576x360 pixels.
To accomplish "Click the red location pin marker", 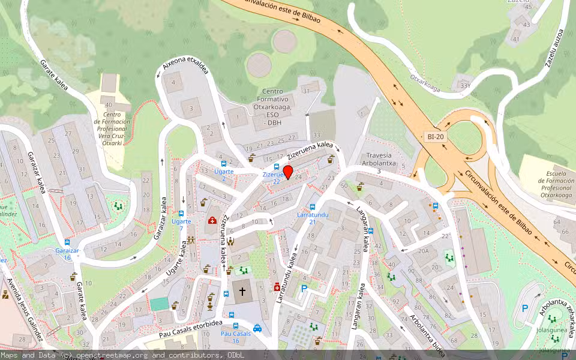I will point(288,172).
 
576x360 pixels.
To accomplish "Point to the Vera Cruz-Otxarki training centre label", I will point(109,127).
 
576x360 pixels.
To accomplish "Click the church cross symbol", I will point(242,291).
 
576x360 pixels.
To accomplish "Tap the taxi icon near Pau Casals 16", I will point(257,328).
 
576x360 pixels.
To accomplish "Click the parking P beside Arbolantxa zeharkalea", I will point(525,308).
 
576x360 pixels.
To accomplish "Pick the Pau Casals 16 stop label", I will point(235,337).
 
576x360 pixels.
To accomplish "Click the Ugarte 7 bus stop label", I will point(181,225).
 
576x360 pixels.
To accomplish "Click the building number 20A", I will point(424,251).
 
